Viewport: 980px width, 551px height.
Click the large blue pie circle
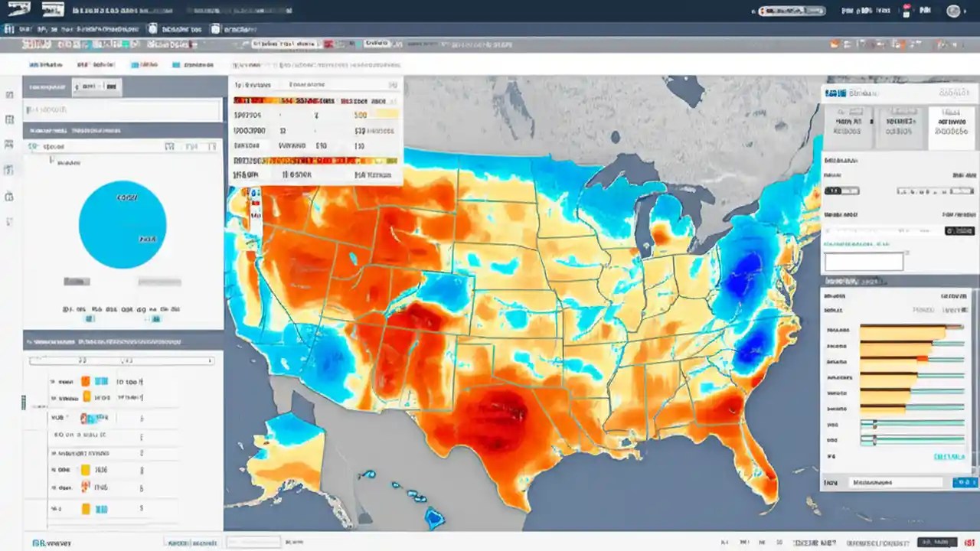point(122,224)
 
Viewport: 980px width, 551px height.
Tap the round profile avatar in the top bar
point(953,11)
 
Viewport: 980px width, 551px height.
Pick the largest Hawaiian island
point(434,518)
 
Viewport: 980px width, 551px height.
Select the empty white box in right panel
point(864,261)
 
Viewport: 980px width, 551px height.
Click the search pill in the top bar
point(793,11)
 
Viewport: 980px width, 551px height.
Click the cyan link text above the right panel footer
point(949,457)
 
